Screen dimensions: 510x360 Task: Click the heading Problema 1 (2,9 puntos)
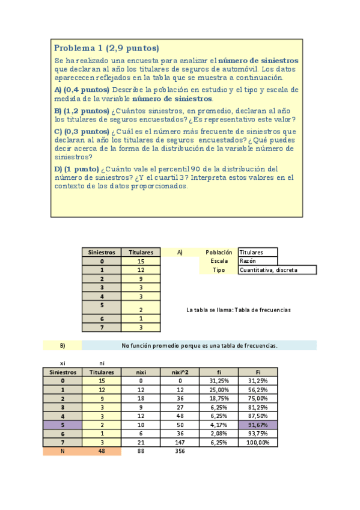[x=106, y=48]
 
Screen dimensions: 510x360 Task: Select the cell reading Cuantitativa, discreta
[x=276, y=271]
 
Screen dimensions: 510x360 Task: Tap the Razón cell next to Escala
[x=258, y=262]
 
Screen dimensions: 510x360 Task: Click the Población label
[x=218, y=253]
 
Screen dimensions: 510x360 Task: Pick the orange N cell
[x=63, y=452]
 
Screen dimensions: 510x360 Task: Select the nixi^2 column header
[x=180, y=372]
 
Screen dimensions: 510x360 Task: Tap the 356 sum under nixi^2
[x=180, y=452]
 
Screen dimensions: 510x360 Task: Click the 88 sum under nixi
[x=141, y=452]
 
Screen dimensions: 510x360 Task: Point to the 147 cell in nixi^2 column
[x=180, y=443]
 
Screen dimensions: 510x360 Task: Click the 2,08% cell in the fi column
[x=219, y=434]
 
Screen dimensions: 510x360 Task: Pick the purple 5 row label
[x=63, y=425]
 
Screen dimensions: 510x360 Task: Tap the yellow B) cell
[x=63, y=346]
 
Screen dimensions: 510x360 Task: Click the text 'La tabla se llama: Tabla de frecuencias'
[x=239, y=310]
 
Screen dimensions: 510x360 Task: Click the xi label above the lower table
[x=63, y=363]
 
